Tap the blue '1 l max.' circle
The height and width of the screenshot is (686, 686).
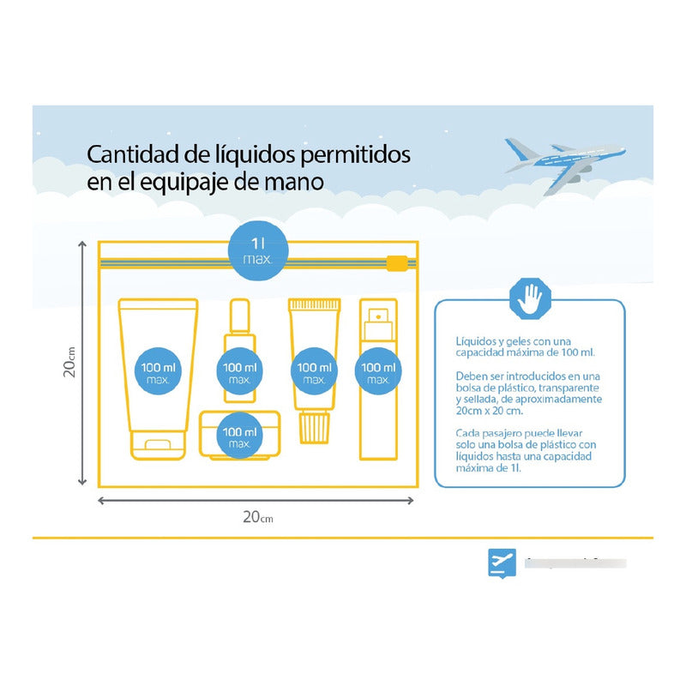pos(259,250)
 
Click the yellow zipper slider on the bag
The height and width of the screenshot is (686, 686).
pos(396,262)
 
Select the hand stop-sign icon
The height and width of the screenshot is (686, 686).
pos(529,300)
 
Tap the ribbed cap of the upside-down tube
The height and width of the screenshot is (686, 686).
pos(314,426)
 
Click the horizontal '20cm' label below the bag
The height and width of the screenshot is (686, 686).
pos(257,516)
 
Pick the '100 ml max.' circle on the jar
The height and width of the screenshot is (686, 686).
pos(239,437)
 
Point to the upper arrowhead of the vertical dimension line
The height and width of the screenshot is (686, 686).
pos(82,247)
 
